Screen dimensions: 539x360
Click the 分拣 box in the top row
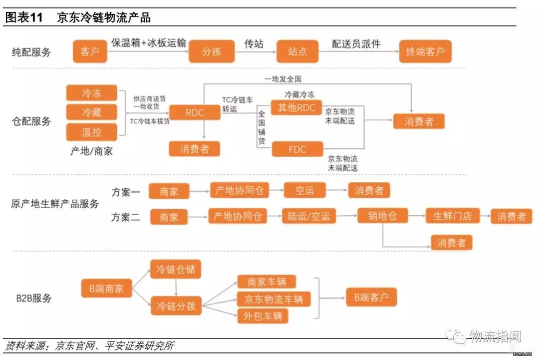(212, 51)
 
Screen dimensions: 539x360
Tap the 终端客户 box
(425, 51)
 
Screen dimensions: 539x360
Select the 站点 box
(297, 51)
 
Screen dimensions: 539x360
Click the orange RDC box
(195, 112)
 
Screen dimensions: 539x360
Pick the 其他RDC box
(296, 108)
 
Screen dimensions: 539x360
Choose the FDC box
(297, 149)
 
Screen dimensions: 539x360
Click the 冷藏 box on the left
(91, 112)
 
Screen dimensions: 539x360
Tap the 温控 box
(91, 132)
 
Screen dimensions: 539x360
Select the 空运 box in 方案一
(304, 191)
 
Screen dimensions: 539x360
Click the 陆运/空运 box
(309, 216)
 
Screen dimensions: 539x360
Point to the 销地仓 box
(383, 216)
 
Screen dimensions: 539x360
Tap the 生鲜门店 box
(452, 216)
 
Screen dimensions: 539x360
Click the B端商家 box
(107, 288)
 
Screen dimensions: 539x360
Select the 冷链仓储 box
(176, 269)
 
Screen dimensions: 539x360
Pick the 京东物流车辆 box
(273, 299)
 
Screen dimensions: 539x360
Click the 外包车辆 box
(263, 316)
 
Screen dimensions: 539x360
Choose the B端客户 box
(371, 297)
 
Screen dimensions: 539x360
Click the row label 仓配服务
(31, 121)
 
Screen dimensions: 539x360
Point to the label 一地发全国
(282, 79)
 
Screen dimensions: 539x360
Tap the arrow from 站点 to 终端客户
(358, 51)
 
